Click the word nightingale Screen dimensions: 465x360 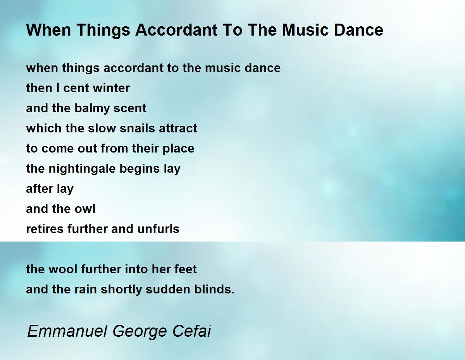pos(82,169)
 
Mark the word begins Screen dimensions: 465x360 pos(139,169)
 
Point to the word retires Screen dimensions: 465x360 pos(45,229)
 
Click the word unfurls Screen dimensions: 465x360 pos(158,229)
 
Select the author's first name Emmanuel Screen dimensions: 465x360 pos(67,331)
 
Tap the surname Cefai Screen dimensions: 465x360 pos(192,331)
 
